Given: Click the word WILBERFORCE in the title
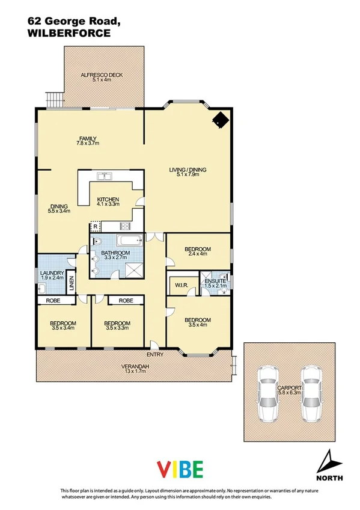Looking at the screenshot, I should pyautogui.click(x=69, y=34).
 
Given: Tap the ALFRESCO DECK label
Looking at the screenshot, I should pyautogui.click(x=102, y=75).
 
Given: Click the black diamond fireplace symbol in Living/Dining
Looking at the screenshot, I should pyautogui.click(x=221, y=120).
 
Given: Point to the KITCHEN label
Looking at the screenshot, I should pyautogui.click(x=108, y=199).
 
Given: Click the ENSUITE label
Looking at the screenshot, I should pyautogui.click(x=216, y=280).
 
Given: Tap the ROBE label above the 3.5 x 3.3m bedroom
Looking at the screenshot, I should pyautogui.click(x=126, y=300).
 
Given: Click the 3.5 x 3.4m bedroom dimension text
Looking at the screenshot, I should pyautogui.click(x=63, y=329).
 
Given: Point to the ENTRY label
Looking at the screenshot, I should pyautogui.click(x=154, y=354).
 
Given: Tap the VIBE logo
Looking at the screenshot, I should pyautogui.click(x=180, y=469).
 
